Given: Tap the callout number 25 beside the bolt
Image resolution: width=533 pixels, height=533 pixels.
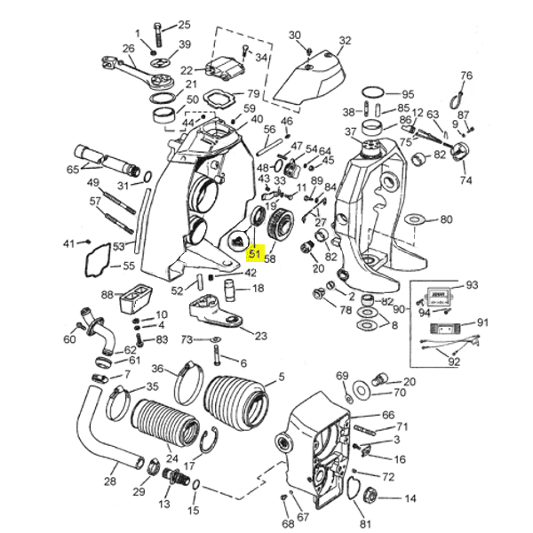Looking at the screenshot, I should click(184, 25).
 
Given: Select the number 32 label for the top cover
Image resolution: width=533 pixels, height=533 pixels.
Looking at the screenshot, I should click(345, 40).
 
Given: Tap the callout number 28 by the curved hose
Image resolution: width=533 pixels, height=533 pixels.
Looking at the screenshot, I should click(110, 482).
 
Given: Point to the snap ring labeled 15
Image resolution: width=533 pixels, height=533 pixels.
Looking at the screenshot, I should click(195, 486).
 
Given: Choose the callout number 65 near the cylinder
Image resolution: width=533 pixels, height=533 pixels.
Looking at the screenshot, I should click(73, 169).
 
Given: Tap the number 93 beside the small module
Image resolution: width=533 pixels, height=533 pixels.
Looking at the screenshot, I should click(472, 285).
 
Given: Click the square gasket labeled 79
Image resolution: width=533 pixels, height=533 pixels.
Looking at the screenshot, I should click(218, 97).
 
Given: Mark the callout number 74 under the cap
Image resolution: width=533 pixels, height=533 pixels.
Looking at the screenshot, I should click(465, 179).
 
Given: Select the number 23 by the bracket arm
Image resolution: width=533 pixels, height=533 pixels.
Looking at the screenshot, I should click(260, 336).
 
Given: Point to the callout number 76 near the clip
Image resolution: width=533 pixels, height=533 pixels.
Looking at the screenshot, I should click(466, 76).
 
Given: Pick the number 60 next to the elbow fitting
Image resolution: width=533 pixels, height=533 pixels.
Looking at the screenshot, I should click(69, 338).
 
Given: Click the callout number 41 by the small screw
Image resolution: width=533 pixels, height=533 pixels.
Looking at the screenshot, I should click(69, 243).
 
